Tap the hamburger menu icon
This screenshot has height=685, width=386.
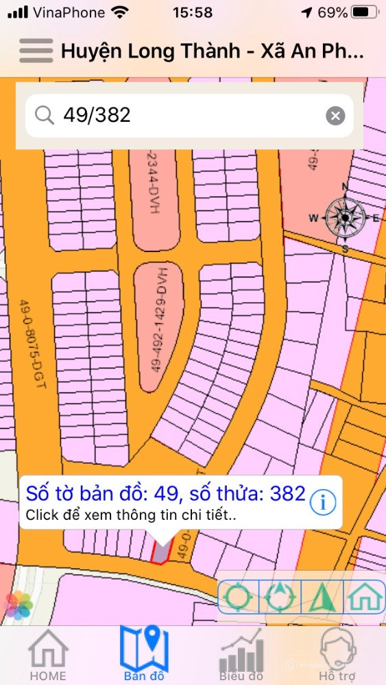coord(36,51)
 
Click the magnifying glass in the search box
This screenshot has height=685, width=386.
coord(45,115)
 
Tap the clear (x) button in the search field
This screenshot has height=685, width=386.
coord(335,116)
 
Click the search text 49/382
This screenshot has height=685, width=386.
coord(97,115)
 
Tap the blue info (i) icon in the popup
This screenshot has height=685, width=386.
coord(323,502)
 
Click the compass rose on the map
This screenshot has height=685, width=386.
coord(345,217)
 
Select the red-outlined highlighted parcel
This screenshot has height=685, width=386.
coord(160,552)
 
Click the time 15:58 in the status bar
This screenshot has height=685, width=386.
coord(193,13)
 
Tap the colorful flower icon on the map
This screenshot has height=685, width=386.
coord(19,606)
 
